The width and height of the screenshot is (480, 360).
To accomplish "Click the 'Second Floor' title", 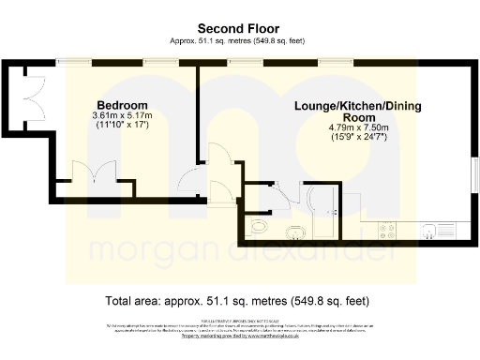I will [239, 27].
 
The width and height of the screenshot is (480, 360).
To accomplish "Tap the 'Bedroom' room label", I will [122, 104].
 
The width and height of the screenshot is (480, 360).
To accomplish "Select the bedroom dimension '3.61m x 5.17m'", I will [122, 115].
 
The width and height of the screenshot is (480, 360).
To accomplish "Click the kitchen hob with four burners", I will [386, 228].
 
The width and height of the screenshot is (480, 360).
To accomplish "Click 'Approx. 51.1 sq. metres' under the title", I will [239, 40].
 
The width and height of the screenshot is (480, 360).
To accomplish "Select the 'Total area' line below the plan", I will [239, 302].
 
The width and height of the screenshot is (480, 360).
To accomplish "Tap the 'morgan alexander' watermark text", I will [239, 251].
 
